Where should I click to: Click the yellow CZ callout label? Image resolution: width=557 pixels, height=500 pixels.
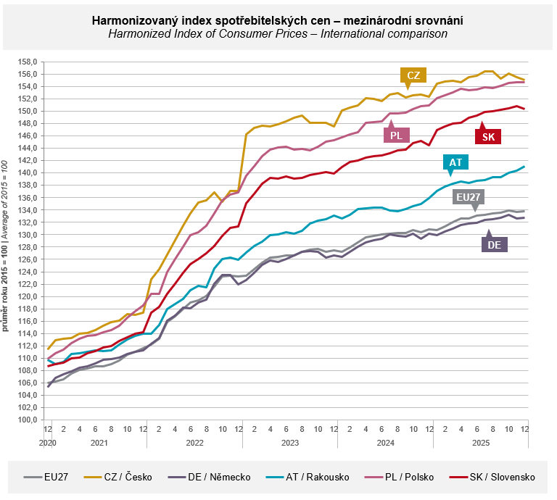(413, 75)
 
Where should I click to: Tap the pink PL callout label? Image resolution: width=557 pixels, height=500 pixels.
(396, 135)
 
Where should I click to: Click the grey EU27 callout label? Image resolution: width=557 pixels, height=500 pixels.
(469, 196)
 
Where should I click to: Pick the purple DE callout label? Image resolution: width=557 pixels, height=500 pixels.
(495, 245)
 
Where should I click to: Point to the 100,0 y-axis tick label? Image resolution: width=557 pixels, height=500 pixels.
(27, 420)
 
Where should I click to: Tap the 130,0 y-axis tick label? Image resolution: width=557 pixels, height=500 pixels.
(27, 235)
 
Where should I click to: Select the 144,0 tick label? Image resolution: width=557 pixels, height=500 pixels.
(27, 148)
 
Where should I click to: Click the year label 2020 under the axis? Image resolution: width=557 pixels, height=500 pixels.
(48, 442)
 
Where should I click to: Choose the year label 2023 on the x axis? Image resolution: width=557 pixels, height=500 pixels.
(289, 442)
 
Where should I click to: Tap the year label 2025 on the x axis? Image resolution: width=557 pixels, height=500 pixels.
(481, 442)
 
